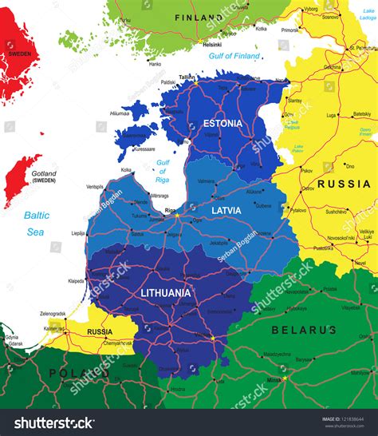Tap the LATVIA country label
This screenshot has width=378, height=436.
pyautogui.click(x=226, y=209)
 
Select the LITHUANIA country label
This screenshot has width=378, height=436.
pyautogui.click(x=165, y=292)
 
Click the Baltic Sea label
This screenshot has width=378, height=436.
pyautogui.click(x=36, y=223)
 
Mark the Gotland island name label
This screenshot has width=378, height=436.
pyautogui.click(x=44, y=174)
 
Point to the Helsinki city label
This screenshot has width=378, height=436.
pyautogui.click(x=190, y=45)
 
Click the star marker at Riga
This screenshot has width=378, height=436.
pyautogui.click(x=177, y=215)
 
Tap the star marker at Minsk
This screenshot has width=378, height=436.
pyautogui.click(x=284, y=378)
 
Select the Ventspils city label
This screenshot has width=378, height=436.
pyautogui.click(x=95, y=186)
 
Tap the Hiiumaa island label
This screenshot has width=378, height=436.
pyautogui.click(x=119, y=114)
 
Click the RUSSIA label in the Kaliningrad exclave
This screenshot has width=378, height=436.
pyautogui.click(x=99, y=331)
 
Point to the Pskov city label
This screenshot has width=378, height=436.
pyautogui.click(x=306, y=170)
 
